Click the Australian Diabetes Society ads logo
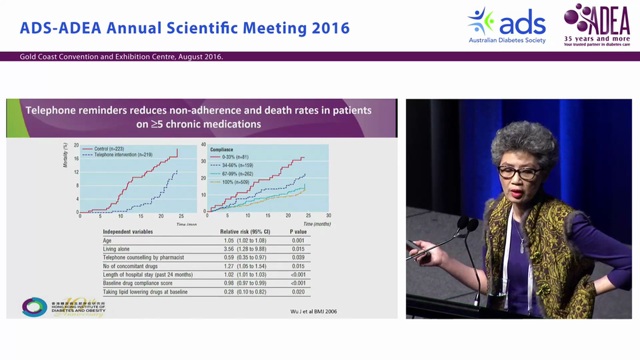click(x=506, y=25)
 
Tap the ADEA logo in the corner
click(x=596, y=24)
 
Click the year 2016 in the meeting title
click(x=330, y=28)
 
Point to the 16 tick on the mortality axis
click(x=76, y=158)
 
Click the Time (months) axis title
click(x=317, y=224)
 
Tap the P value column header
click(x=298, y=232)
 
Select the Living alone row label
click(x=116, y=249)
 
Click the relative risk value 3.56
click(x=229, y=249)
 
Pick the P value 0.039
click(x=298, y=257)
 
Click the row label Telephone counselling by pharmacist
click(x=143, y=257)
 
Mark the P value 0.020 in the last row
click(x=298, y=291)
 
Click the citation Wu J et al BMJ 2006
click(x=313, y=311)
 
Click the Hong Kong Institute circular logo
click(x=34, y=306)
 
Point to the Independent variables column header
click(x=127, y=232)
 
